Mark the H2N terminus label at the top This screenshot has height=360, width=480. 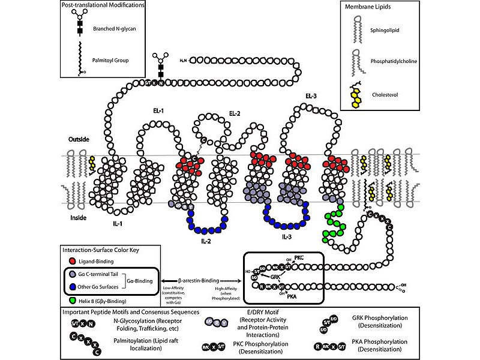pos(185,61)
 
